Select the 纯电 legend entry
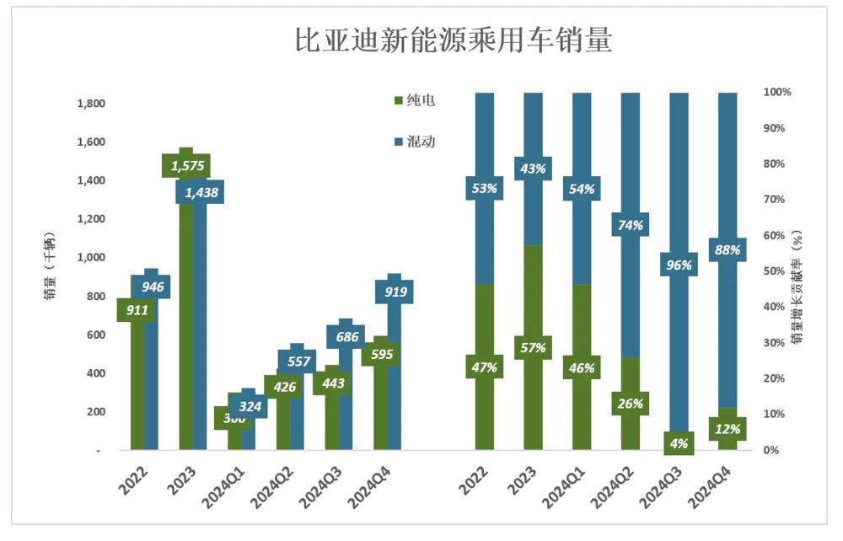[x=414, y=101]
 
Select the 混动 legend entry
[x=414, y=142]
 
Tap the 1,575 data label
[x=187, y=166]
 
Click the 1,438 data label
[x=201, y=193]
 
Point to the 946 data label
[x=152, y=287]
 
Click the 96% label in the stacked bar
[x=679, y=265]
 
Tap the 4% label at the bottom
[x=679, y=443]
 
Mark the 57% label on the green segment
[x=533, y=347]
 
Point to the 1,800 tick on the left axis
[x=90, y=104]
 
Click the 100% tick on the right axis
[x=776, y=92]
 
